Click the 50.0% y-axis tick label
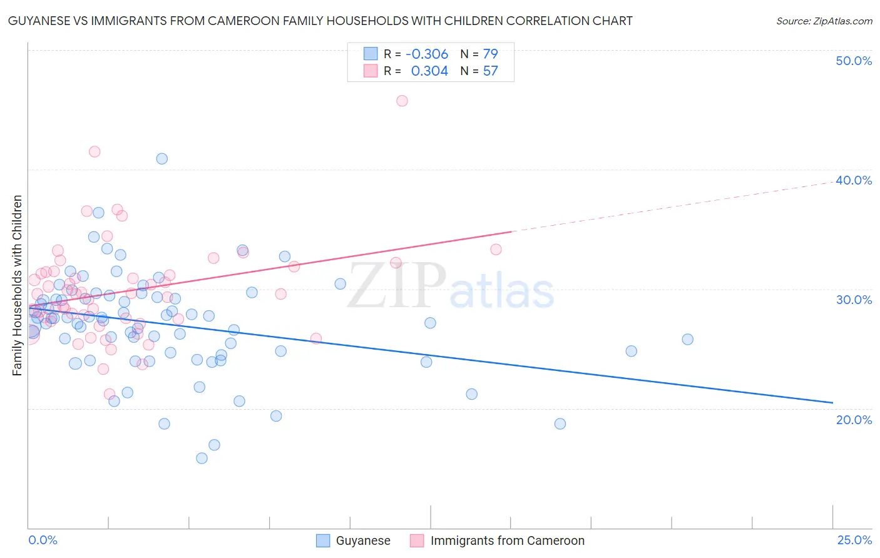coord(854,61)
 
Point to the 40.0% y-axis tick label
coord(854,180)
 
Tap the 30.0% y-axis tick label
coord(854,300)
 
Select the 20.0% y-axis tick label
coord(854,420)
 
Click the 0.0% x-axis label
coord(43,540)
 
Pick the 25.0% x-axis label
coord(854,540)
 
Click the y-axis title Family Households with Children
coord(17,285)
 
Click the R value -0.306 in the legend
coord(427,54)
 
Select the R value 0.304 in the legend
coord(429,71)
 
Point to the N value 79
coord(490,54)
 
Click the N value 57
coord(490,71)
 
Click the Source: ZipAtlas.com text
coord(824,21)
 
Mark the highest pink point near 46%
coord(402,101)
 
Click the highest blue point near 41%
coord(162,159)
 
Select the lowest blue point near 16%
coord(202,459)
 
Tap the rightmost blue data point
coord(687,340)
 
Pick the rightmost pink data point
coord(496,250)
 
